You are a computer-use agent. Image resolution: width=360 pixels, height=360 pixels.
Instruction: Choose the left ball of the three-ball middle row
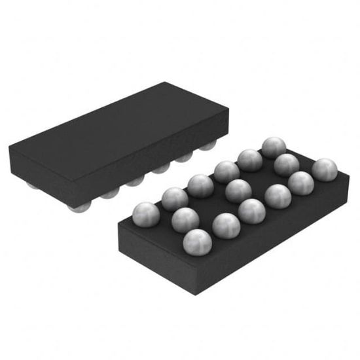[185, 219]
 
